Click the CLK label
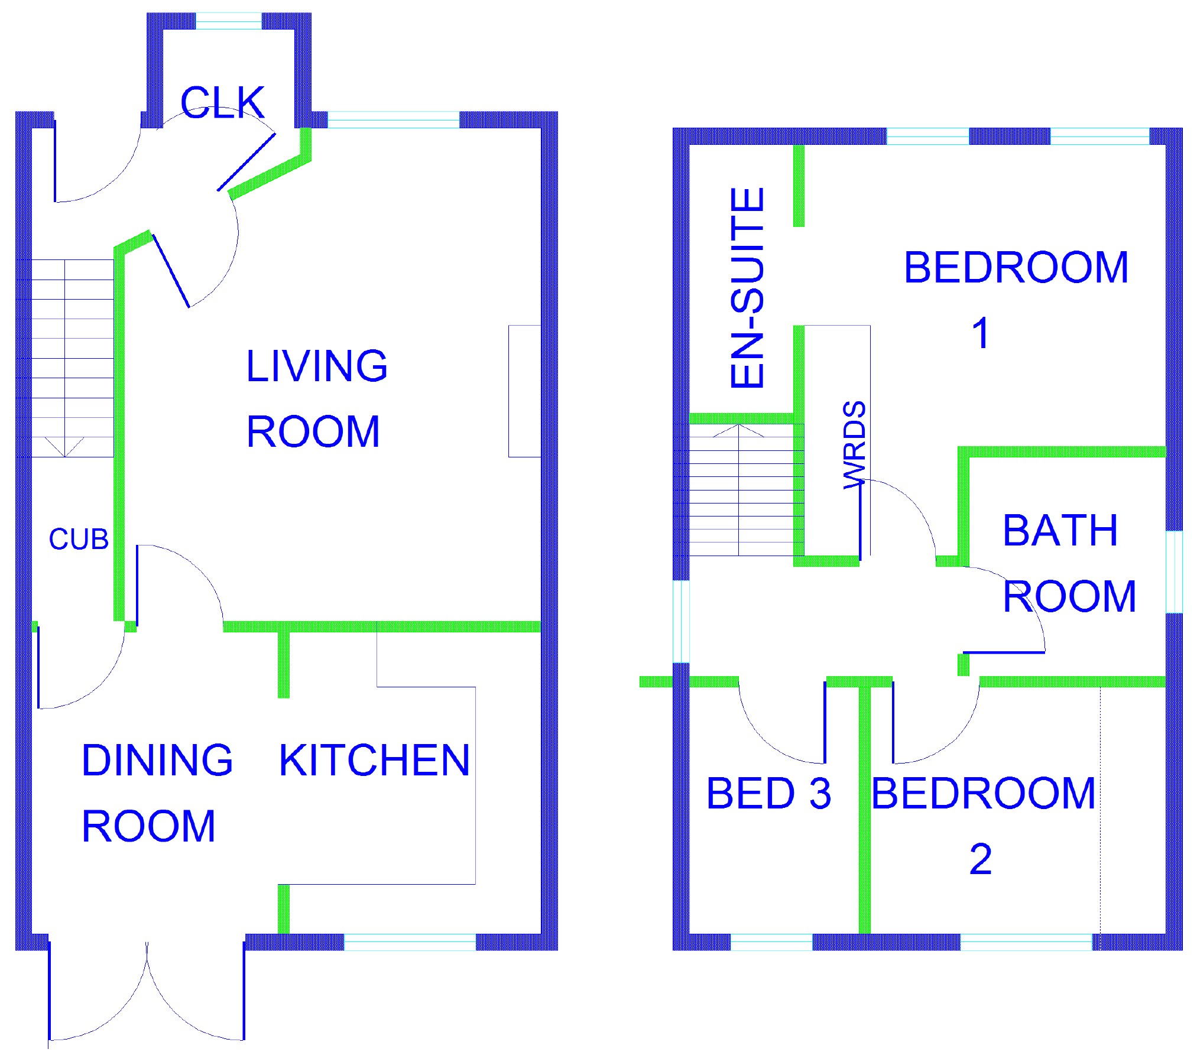click(x=222, y=102)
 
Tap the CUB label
click(x=79, y=539)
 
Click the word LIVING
click(x=317, y=366)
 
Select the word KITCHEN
click(x=374, y=760)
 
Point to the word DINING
click(x=157, y=760)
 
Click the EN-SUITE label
click(x=747, y=287)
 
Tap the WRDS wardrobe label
click(x=855, y=445)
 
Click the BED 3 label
click(x=768, y=793)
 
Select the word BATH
click(x=1060, y=530)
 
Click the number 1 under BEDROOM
click(x=981, y=333)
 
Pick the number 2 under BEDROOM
click(x=981, y=859)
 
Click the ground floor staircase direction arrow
click(x=64, y=447)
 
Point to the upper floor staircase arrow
click(x=738, y=430)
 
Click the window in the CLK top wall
click(x=229, y=21)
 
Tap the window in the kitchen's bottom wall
click(x=410, y=942)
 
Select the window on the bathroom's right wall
click(x=1174, y=571)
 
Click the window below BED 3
click(x=771, y=942)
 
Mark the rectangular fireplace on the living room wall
click(x=525, y=391)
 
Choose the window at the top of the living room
click(x=394, y=119)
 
